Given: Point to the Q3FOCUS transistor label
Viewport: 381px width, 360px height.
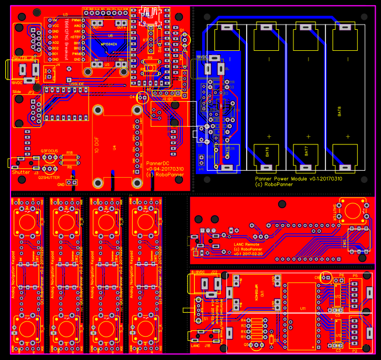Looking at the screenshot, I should [x=50, y=151].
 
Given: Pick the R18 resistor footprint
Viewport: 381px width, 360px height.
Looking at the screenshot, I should [x=69, y=158].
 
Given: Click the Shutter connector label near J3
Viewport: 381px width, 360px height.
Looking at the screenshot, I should [x=20, y=172].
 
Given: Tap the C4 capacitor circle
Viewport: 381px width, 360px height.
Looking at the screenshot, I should [x=141, y=98].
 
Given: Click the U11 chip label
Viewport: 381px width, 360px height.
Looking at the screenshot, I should [x=303, y=307].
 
